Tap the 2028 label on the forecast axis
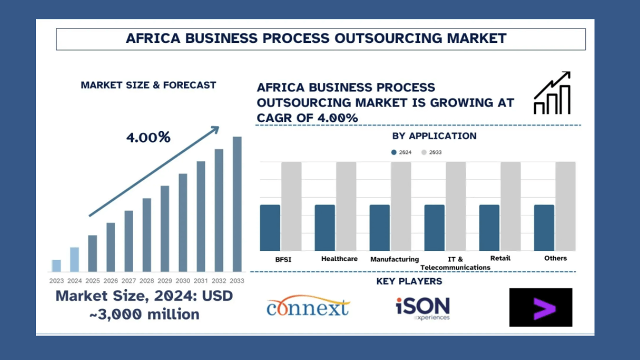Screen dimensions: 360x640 point(147,281)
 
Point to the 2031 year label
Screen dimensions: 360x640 point(201,281)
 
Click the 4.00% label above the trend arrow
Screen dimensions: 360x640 point(148,137)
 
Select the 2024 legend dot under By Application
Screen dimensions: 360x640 point(394,152)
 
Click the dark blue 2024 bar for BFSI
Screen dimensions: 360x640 point(270,227)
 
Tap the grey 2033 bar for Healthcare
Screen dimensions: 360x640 point(346,206)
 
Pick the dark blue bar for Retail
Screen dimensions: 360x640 point(489,227)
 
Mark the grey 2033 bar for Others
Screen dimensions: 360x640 point(565,206)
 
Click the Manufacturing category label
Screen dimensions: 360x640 point(394,259)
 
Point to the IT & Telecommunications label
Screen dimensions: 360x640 point(455,263)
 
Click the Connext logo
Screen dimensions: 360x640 point(308,306)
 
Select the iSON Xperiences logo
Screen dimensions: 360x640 point(422,308)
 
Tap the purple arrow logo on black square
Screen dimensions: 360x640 point(540,307)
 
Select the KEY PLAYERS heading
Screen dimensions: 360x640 point(409,281)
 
